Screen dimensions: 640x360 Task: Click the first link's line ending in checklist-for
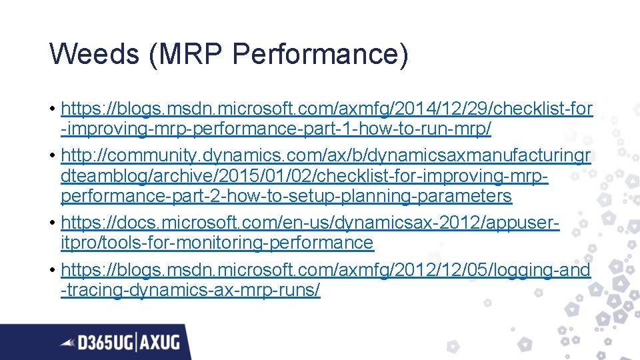coord(326,108)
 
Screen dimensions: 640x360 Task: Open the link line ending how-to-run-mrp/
coord(275,129)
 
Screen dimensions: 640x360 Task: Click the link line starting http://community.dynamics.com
coord(326,155)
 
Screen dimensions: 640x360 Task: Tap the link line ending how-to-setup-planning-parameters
coord(286,196)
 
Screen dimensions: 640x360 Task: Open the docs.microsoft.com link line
coord(310,223)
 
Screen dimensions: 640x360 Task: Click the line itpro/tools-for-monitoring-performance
coord(217,243)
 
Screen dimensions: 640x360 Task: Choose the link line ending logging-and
coord(325,269)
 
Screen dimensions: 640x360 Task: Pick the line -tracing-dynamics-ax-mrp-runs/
coord(191,291)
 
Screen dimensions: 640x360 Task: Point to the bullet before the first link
coord(52,109)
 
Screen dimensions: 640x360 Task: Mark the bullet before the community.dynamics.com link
coord(52,156)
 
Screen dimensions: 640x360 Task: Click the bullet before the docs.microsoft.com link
coord(52,223)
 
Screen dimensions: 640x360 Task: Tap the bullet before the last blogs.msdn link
coord(52,270)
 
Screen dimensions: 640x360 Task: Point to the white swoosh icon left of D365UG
coord(67,343)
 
